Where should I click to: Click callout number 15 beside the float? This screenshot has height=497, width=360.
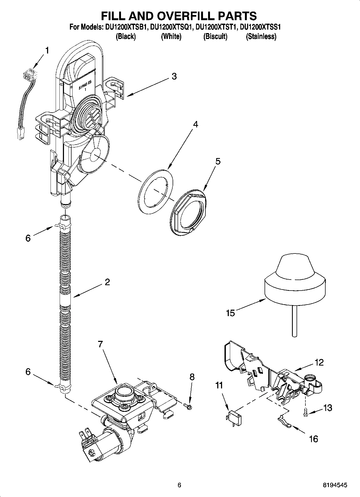pyautogui.click(x=230, y=313)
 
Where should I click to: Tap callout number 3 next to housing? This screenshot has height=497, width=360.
pyautogui.click(x=174, y=76)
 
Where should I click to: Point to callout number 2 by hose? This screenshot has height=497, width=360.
pyautogui.click(x=107, y=282)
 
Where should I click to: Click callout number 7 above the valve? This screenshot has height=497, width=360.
pyautogui.click(x=100, y=344)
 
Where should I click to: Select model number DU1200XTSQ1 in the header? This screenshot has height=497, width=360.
pyautogui.click(x=171, y=27)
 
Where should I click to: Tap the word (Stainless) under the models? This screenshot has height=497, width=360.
pyautogui.click(x=261, y=36)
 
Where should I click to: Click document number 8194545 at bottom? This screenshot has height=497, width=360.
pyautogui.click(x=335, y=485)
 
